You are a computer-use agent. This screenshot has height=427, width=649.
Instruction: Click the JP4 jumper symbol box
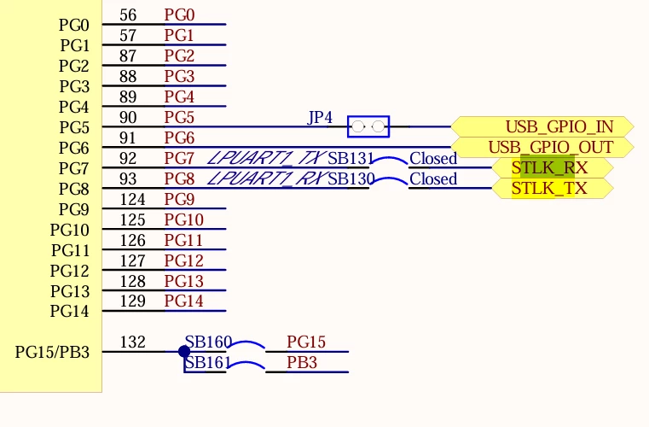pyautogui.click(x=368, y=126)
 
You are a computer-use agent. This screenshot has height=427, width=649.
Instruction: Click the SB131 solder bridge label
pyautogui.click(x=351, y=158)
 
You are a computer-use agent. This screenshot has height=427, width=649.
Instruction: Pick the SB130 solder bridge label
pyautogui.click(x=351, y=178)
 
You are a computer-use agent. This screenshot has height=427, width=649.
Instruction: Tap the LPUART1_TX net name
pyautogui.click(x=267, y=158)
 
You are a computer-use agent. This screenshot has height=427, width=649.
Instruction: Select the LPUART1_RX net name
pyautogui.click(x=267, y=178)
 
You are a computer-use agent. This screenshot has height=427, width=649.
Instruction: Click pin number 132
pyautogui.click(x=132, y=342)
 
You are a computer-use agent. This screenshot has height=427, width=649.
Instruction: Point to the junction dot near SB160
pyautogui.click(x=184, y=352)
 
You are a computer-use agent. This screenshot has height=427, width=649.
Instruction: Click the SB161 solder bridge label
pyautogui.click(x=207, y=363)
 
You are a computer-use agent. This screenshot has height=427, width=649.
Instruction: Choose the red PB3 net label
pyautogui.click(x=302, y=362)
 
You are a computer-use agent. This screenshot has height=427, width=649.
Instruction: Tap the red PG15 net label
pyautogui.click(x=306, y=342)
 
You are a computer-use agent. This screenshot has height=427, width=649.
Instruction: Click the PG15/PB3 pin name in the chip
pyautogui.click(x=52, y=352)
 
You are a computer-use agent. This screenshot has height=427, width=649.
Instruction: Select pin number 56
pyautogui.click(x=128, y=15)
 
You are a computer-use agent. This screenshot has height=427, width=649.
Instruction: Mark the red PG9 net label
pyautogui.click(x=179, y=199)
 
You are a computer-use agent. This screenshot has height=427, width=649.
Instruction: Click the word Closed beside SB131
pyautogui.click(x=433, y=158)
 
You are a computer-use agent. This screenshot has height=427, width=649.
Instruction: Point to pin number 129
pyautogui.click(x=132, y=301)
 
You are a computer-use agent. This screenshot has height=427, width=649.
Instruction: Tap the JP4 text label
pyautogui.click(x=320, y=118)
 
